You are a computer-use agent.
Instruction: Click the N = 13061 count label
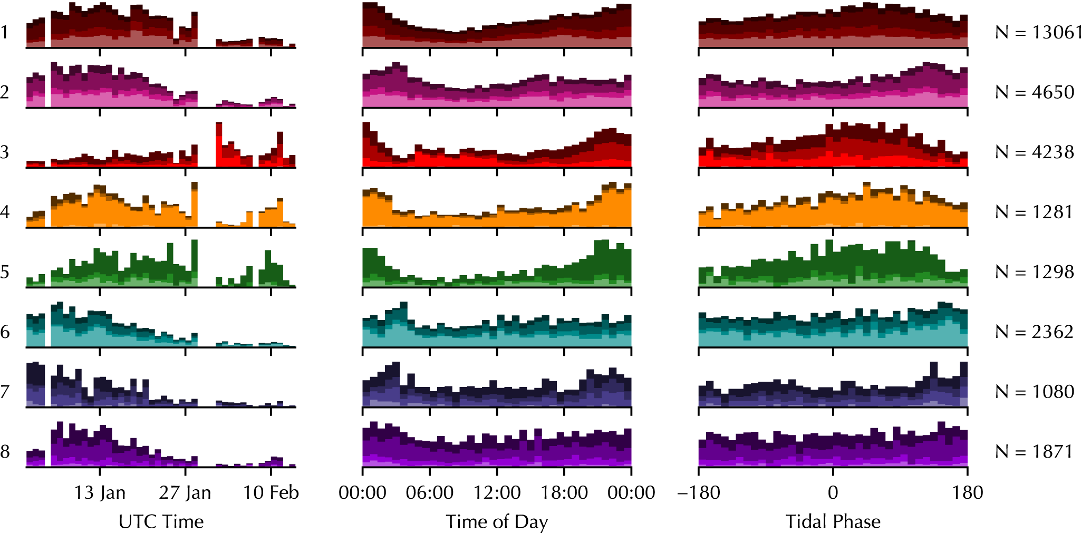pyautogui.click(x=1038, y=32)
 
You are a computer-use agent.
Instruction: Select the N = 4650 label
pyautogui.click(x=1035, y=92)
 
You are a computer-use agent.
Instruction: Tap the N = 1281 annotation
pyautogui.click(x=1034, y=212)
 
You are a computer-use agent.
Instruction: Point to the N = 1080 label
pyautogui.click(x=1035, y=392)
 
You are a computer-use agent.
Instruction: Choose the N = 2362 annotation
pyautogui.click(x=1035, y=332)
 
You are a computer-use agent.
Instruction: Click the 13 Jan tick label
pyautogui.click(x=100, y=492)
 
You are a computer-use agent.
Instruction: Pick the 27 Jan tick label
pyautogui.click(x=185, y=492)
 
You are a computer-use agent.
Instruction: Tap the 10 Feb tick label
pyautogui.click(x=271, y=492)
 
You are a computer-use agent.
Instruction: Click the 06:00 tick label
pyautogui.click(x=430, y=492)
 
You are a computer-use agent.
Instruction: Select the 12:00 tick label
pyautogui.click(x=497, y=492)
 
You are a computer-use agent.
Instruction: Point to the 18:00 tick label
pyautogui.click(x=564, y=492)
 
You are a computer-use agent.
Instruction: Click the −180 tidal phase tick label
pyautogui.click(x=699, y=492)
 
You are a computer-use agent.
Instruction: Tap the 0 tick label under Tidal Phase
pyautogui.click(x=833, y=492)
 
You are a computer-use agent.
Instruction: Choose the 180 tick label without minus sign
pyautogui.click(x=968, y=492)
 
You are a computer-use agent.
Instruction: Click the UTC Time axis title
pyautogui.click(x=161, y=521)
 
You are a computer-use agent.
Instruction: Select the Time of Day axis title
pyautogui.click(x=497, y=522)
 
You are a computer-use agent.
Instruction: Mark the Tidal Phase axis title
pyautogui.click(x=833, y=521)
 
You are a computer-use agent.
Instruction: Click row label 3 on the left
pyautogui.click(x=5, y=152)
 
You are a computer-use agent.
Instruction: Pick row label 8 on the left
pyautogui.click(x=5, y=452)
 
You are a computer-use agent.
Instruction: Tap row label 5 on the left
pyautogui.click(x=5, y=272)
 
